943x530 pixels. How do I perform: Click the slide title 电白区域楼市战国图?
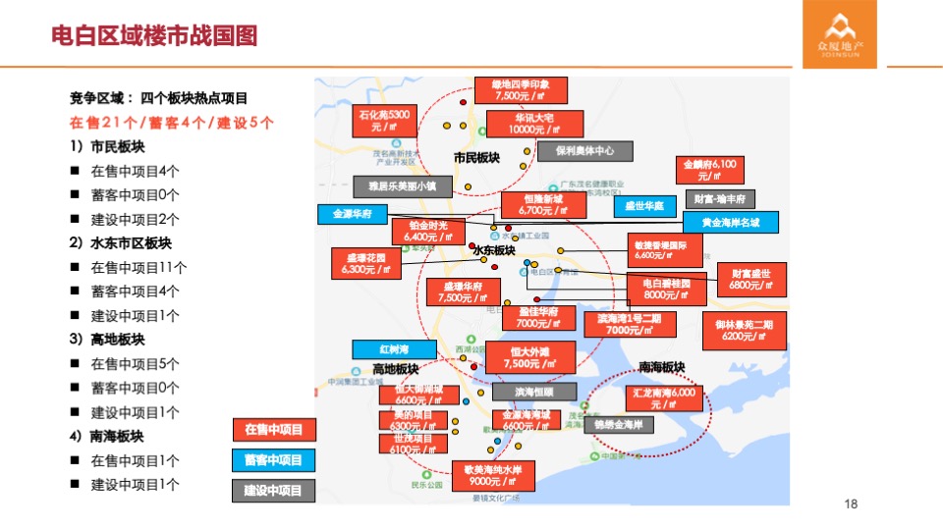[x=154, y=36]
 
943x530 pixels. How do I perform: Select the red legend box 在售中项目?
[x=274, y=429]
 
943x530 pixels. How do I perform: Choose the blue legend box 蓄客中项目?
[x=274, y=459]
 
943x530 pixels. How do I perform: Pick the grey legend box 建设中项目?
[x=274, y=490]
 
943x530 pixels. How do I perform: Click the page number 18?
[x=852, y=503]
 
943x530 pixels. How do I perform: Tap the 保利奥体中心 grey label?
[x=584, y=151]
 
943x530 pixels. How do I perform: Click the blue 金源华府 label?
[x=351, y=214]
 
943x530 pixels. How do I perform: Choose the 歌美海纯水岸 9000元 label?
[x=493, y=475]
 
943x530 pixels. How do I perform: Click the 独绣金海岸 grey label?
[x=619, y=424]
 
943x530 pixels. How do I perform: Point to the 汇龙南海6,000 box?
[x=665, y=398]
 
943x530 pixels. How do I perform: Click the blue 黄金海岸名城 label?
[x=731, y=223]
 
